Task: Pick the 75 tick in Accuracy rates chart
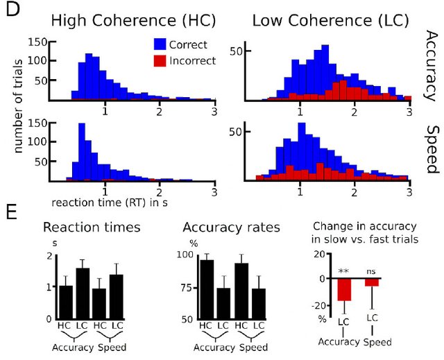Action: (x=185, y=287)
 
